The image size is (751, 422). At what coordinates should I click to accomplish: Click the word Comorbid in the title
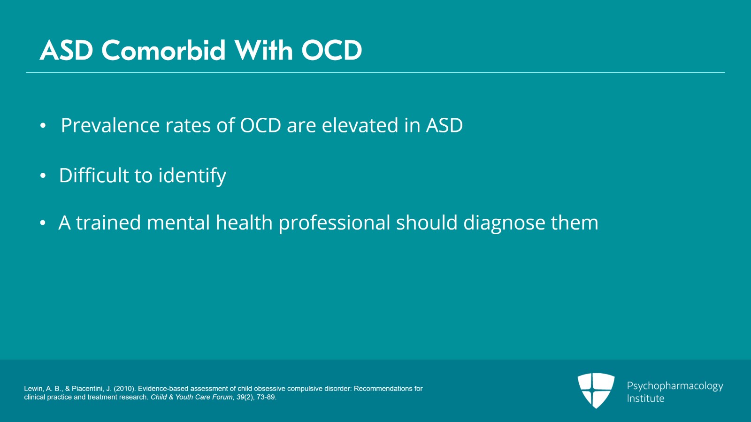[x=164, y=50]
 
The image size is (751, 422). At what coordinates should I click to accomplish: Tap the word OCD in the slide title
[x=331, y=50]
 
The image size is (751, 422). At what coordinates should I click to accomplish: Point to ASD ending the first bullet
[x=444, y=126]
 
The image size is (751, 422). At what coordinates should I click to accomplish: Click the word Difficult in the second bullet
[x=93, y=176]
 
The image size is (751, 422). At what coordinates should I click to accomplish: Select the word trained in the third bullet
[x=108, y=223]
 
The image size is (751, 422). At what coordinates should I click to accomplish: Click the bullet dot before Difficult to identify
[x=43, y=176]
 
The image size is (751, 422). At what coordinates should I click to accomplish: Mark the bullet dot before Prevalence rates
[x=43, y=126]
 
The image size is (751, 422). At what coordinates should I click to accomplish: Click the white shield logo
[x=596, y=390]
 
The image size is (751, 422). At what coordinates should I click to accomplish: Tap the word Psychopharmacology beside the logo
[x=674, y=386]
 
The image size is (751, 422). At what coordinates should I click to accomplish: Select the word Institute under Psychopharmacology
[x=645, y=399]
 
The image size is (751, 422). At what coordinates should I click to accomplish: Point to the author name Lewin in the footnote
[x=33, y=389]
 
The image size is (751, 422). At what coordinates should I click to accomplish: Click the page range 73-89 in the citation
[x=266, y=397]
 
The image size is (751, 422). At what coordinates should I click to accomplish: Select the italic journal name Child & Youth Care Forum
[x=192, y=397]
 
